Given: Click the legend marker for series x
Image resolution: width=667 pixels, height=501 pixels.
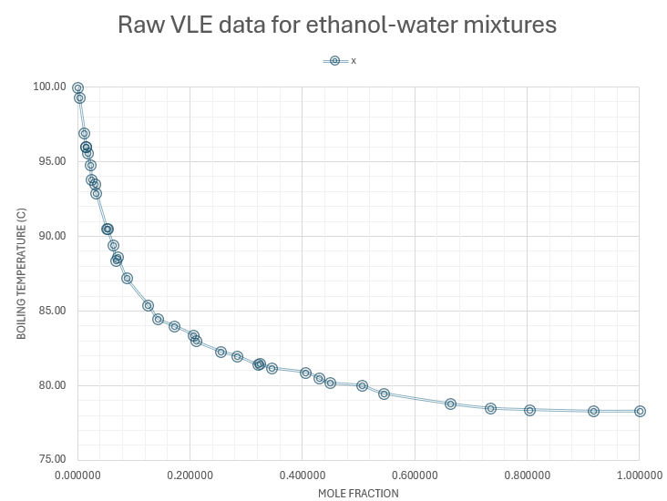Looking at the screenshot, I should (334, 61).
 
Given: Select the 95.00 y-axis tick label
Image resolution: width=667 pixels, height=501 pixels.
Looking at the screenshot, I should (49, 161).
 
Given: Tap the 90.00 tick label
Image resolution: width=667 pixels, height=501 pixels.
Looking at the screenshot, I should (49, 236).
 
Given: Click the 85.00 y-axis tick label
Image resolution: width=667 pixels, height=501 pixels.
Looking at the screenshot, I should (49, 311).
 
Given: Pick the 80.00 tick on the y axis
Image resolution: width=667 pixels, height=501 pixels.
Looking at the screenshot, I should (49, 385).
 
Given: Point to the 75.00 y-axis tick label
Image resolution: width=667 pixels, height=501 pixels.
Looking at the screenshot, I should (49, 459).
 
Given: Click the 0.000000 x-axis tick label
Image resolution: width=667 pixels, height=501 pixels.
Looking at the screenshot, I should (77, 475).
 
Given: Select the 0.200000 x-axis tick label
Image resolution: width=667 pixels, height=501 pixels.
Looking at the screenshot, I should (190, 475).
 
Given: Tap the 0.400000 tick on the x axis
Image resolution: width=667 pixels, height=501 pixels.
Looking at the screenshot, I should (303, 475).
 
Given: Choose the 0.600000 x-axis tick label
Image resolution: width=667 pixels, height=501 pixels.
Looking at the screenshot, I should (415, 475).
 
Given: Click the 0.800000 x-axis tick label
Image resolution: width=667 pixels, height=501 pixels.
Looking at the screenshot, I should (527, 475).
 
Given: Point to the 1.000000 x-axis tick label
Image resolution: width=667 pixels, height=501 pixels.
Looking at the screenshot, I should (639, 475).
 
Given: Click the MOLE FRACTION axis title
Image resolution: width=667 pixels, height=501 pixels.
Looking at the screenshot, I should (358, 493).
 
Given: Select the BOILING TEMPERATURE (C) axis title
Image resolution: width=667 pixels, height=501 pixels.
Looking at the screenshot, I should (22, 273).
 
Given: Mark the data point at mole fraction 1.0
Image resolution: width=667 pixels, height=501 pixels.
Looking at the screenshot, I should (640, 411).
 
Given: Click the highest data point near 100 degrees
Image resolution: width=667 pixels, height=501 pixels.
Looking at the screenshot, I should (77, 87).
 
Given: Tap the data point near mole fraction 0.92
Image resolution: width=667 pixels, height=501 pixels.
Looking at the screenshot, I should (593, 411).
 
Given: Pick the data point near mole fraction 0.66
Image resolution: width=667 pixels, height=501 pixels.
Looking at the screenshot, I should (450, 404).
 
